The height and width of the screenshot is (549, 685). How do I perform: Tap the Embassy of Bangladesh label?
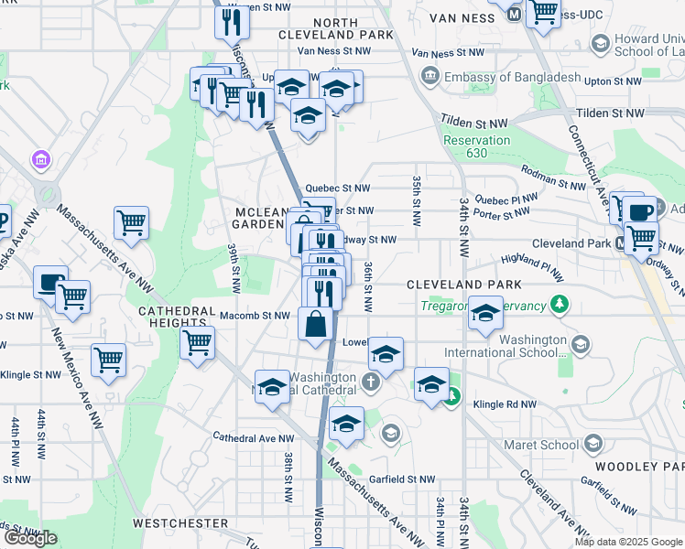512,77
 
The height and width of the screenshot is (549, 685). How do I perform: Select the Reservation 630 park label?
476,146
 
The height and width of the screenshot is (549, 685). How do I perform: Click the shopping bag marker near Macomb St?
316,326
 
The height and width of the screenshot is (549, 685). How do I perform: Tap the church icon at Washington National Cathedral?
371,382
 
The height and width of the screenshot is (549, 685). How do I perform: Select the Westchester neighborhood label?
179,523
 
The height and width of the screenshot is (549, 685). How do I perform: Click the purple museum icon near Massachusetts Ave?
40,161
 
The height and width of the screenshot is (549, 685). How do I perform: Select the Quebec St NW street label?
337,188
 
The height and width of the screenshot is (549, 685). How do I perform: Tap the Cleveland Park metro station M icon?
622,243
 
